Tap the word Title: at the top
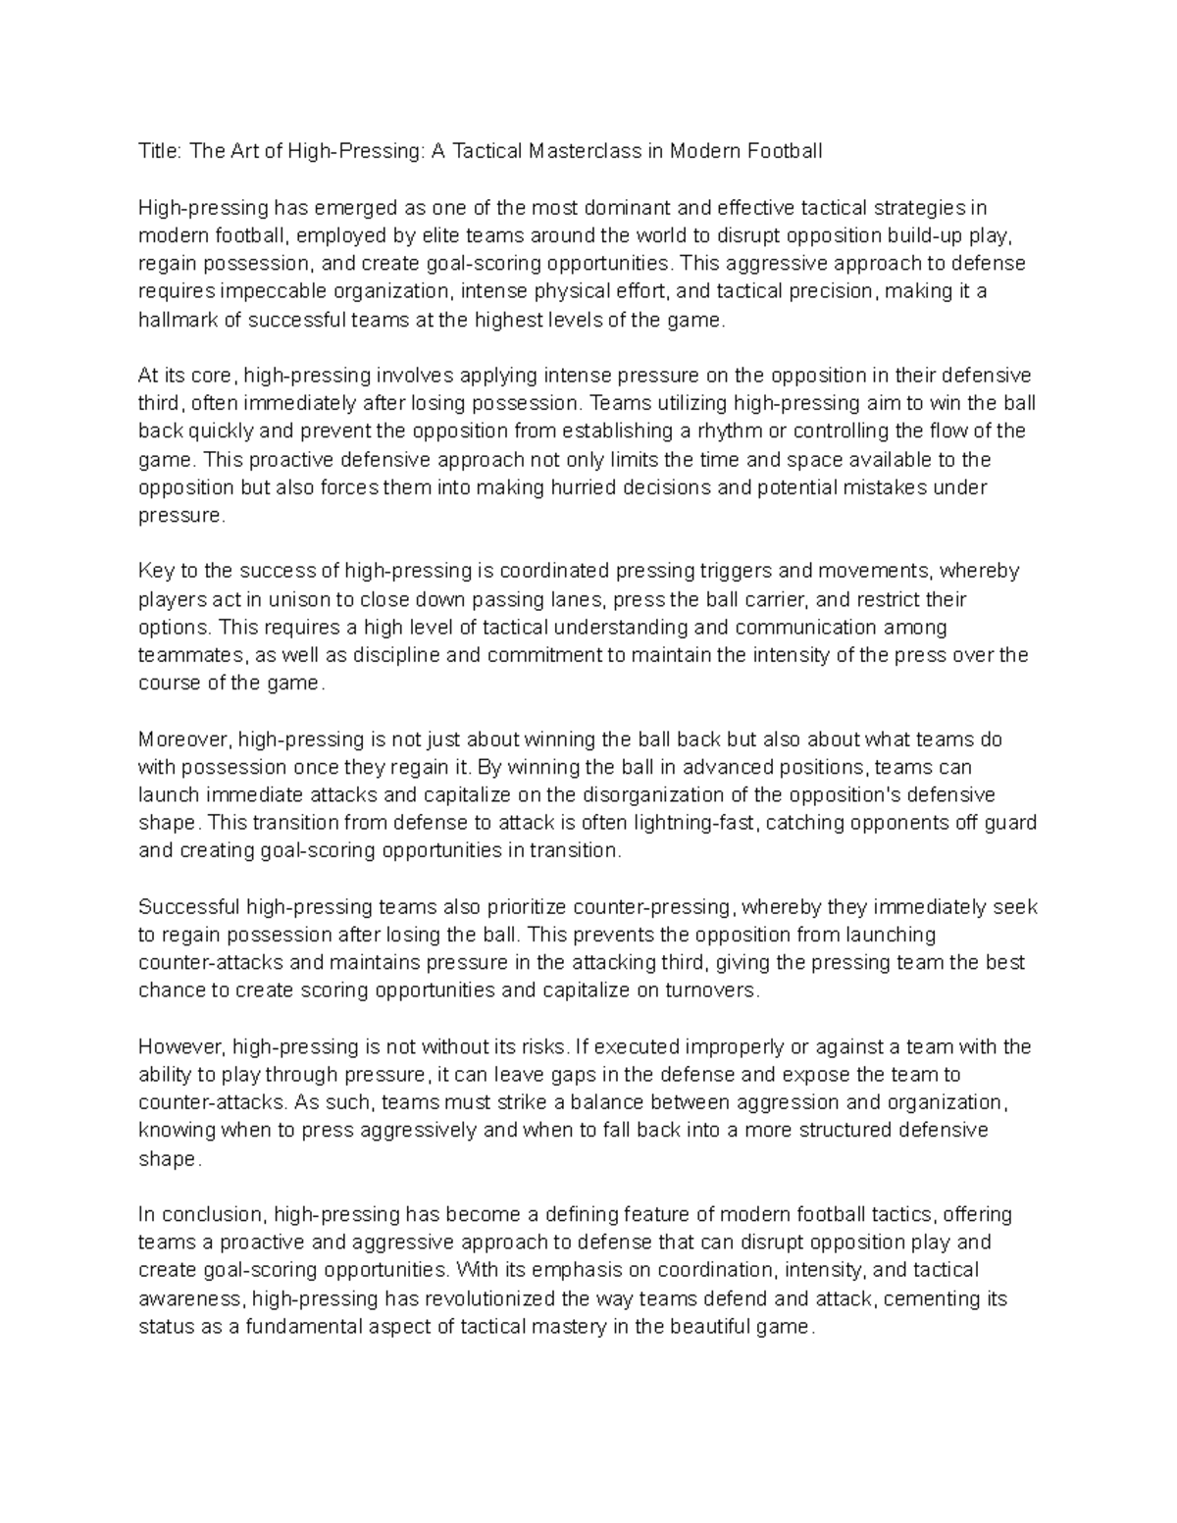(160, 151)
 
